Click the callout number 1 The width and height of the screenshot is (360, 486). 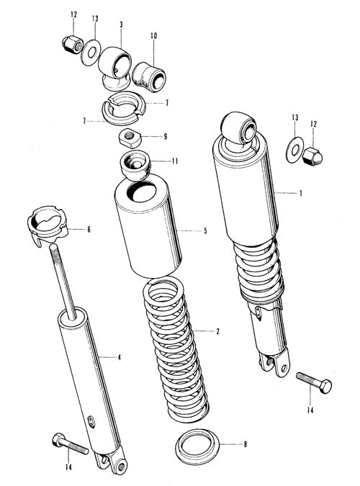(300, 194)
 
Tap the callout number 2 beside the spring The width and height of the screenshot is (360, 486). (217, 331)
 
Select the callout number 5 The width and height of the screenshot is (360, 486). (205, 230)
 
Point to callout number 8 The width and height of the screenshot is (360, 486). (246, 444)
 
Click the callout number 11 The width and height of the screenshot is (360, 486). (175, 161)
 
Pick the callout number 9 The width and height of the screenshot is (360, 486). (166, 136)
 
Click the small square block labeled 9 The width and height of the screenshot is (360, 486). (130, 138)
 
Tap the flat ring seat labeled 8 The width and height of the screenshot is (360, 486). (197, 446)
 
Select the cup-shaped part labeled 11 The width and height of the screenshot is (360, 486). (135, 165)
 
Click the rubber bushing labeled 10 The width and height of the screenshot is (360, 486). (149, 77)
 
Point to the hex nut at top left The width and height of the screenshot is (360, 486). (73, 45)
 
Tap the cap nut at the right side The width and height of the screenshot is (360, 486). (312, 156)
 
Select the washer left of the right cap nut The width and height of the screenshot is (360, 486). (294, 150)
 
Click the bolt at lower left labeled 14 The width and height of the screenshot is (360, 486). (70, 444)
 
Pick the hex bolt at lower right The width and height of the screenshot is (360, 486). (314, 382)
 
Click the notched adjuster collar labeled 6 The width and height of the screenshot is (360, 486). (47, 225)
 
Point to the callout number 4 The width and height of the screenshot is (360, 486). (119, 358)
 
